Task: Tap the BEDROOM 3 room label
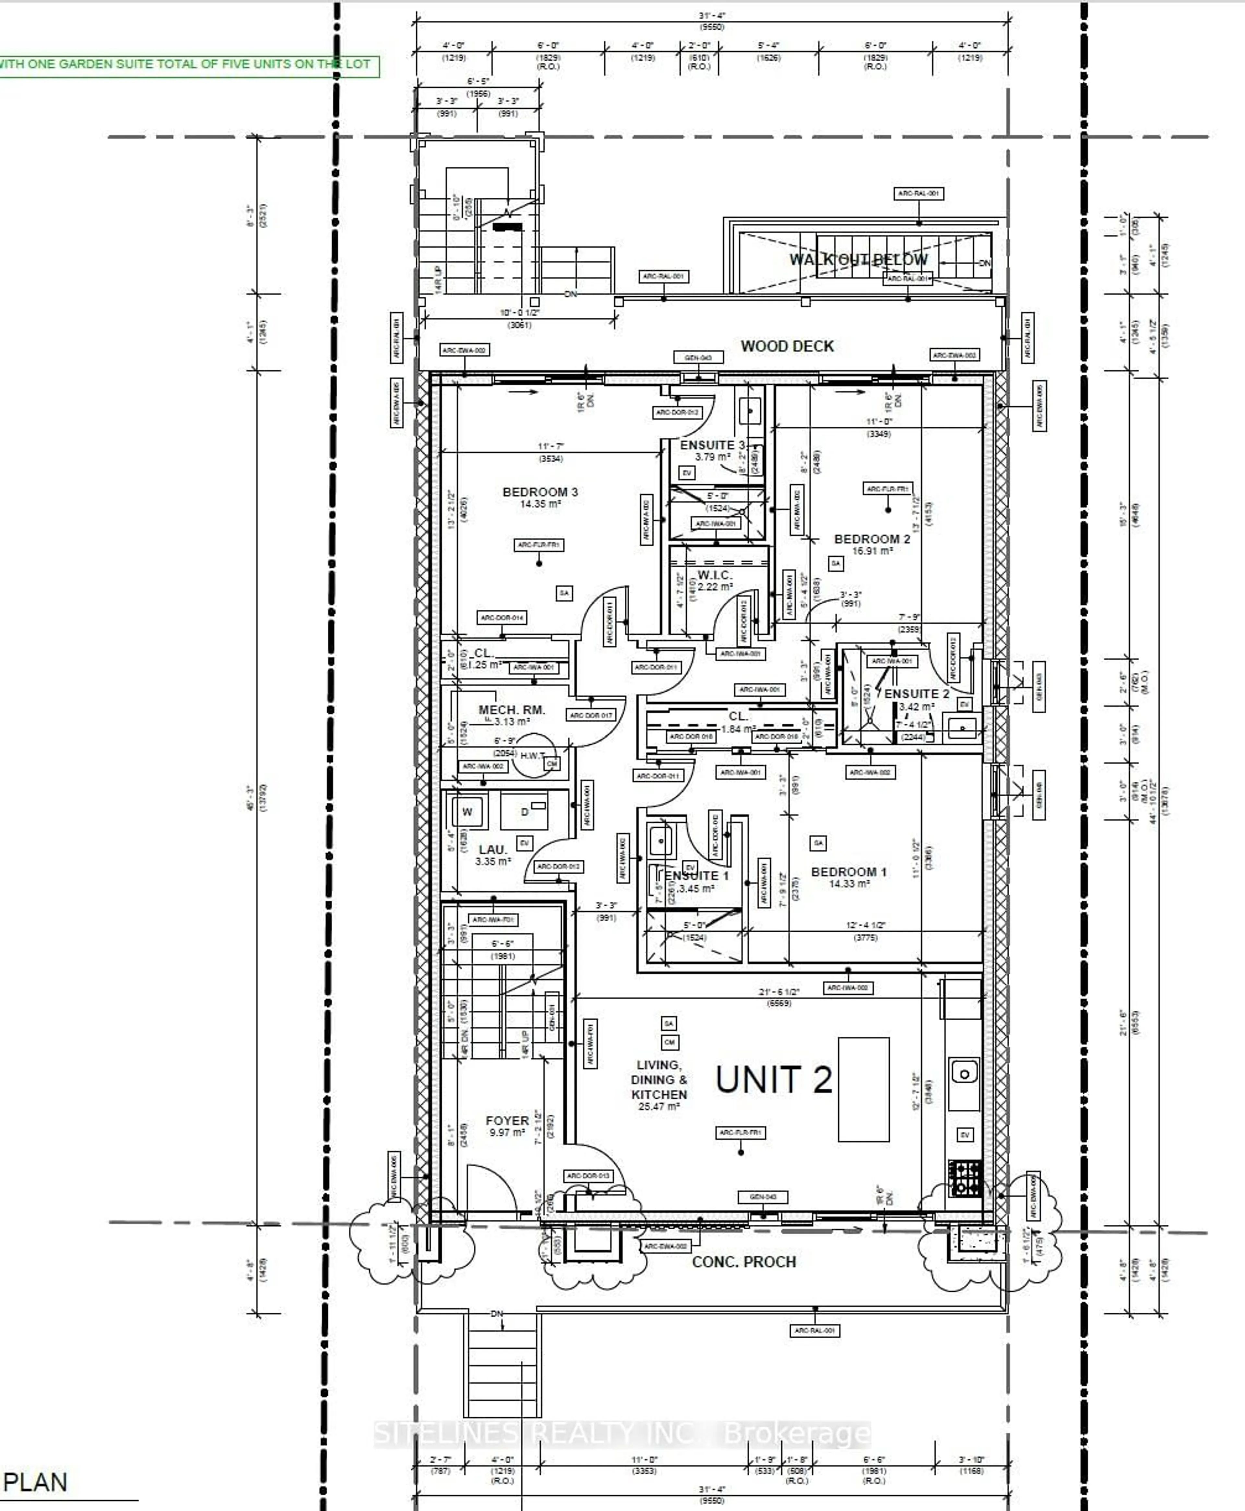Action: [540, 492]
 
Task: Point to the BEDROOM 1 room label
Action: [848, 872]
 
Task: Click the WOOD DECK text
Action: [787, 346]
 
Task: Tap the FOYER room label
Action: [507, 1120]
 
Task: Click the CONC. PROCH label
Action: [744, 1261]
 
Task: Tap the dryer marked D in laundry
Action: [524, 812]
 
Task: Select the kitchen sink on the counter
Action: [965, 1074]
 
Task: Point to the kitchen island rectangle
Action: [863, 1089]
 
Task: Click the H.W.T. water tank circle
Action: [532, 755]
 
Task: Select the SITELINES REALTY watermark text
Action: [622, 1434]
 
